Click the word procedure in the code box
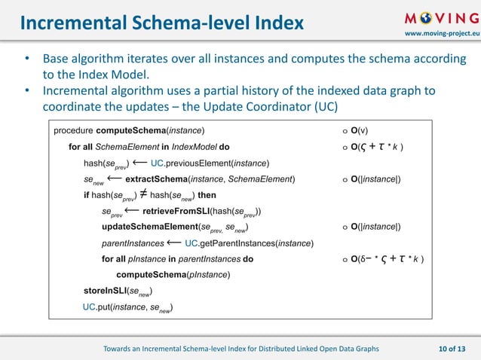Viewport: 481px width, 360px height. coord(74,130)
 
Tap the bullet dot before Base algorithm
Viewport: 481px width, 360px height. coord(27,59)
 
